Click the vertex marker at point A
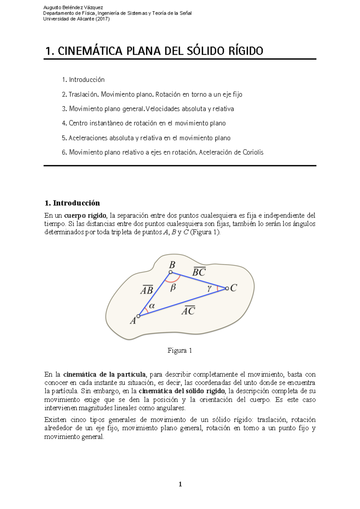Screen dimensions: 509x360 138,316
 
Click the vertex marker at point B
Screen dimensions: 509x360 170,272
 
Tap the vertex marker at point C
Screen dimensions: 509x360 227,288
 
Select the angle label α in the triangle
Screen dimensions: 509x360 152,306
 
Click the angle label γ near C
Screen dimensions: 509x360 209,288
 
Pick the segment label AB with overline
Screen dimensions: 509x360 147,290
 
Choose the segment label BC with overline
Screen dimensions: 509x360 199,272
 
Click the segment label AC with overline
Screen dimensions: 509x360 188,311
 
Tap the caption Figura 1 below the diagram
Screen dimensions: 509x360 180,350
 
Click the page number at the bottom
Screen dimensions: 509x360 180,484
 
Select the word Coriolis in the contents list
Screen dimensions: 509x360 253,152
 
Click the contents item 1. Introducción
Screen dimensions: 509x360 83,80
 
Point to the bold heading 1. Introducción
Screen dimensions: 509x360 72,203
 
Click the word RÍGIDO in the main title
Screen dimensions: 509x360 246,51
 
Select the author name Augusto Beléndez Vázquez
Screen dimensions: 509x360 73,7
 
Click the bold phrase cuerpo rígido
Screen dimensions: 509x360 85,216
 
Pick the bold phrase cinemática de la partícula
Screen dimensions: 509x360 104,374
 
